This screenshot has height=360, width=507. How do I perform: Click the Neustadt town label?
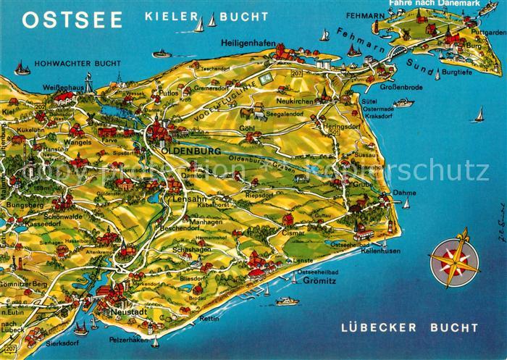pos(130,311)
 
